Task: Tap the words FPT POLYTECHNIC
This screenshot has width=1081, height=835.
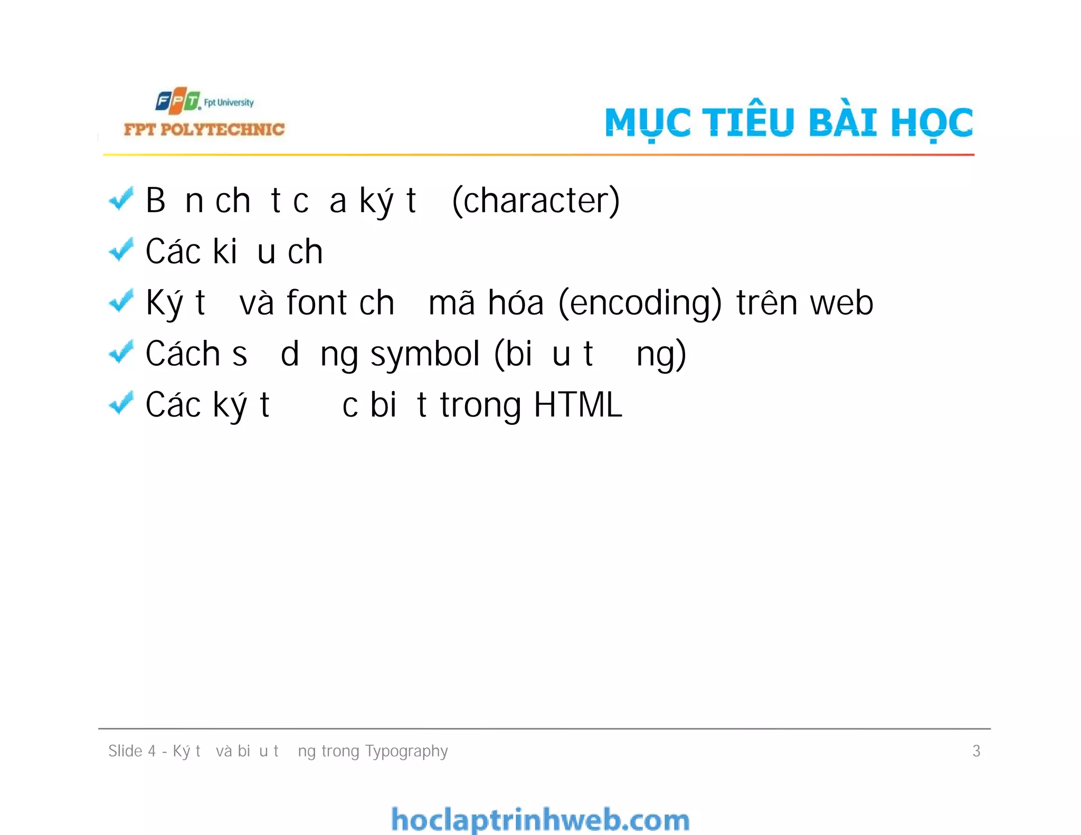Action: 204,129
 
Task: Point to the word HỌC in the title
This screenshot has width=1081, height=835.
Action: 932,122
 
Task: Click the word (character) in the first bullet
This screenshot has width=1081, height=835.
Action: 536,201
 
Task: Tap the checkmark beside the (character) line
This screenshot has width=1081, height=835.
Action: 121,200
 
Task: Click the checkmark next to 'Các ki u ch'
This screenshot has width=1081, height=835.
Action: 121,250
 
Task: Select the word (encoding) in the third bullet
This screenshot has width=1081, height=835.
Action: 640,303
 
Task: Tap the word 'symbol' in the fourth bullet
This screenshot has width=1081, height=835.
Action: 425,354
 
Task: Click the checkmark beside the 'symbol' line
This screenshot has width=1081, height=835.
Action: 121,353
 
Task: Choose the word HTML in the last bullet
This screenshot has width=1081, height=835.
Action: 578,405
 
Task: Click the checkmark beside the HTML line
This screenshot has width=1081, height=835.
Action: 121,404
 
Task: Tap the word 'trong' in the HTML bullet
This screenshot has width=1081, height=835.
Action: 481,405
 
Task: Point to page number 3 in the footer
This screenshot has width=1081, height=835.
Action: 976,751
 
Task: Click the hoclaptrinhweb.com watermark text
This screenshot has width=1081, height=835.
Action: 540,820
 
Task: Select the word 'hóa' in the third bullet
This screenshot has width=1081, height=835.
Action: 515,303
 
